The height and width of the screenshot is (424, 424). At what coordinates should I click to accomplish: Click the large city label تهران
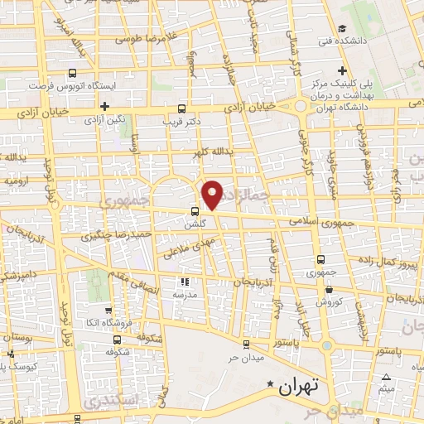tap(298, 386)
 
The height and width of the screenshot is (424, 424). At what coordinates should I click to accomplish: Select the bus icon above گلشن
tap(195, 210)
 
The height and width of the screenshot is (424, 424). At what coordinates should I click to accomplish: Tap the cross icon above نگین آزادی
tap(104, 106)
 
